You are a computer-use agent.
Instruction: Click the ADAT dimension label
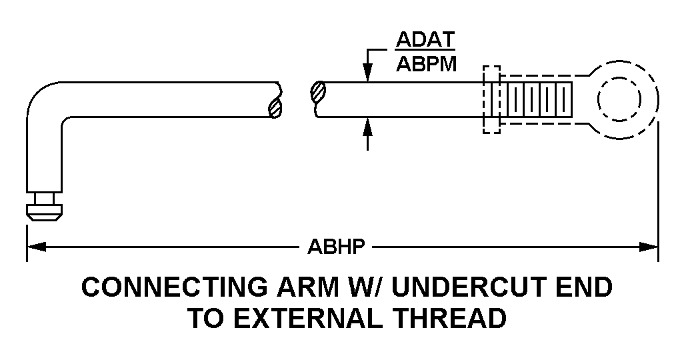pos(425,39)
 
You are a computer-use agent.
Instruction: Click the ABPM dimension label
pos(426,64)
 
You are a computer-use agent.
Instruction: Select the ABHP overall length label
pos(336,247)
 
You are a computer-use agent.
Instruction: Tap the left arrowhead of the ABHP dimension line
pos(37,247)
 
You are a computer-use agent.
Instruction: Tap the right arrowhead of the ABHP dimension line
pos(649,247)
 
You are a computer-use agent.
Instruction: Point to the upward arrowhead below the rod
pos(368,127)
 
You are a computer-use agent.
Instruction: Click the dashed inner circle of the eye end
pos(619,99)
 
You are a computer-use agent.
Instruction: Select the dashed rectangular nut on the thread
pos(492,99)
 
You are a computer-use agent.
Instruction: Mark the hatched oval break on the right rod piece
pos(318,91)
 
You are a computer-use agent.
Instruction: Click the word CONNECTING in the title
pos(175,287)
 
